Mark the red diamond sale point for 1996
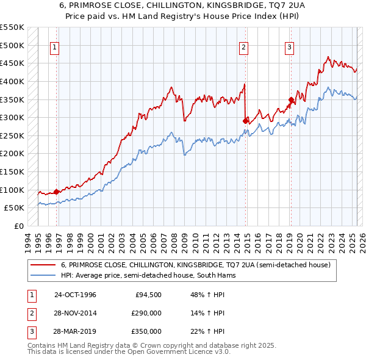coord(57,192)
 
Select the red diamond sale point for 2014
coord(245,121)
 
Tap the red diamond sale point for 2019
coord(291,99)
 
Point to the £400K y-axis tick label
coord(13,81)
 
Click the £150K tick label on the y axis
coord(13,171)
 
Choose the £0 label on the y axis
coord(20,226)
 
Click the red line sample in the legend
coord(43,265)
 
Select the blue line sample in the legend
coord(43,276)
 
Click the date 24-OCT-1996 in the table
coord(75,295)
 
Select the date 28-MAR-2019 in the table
coord(75,331)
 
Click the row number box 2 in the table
coord(30,313)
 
